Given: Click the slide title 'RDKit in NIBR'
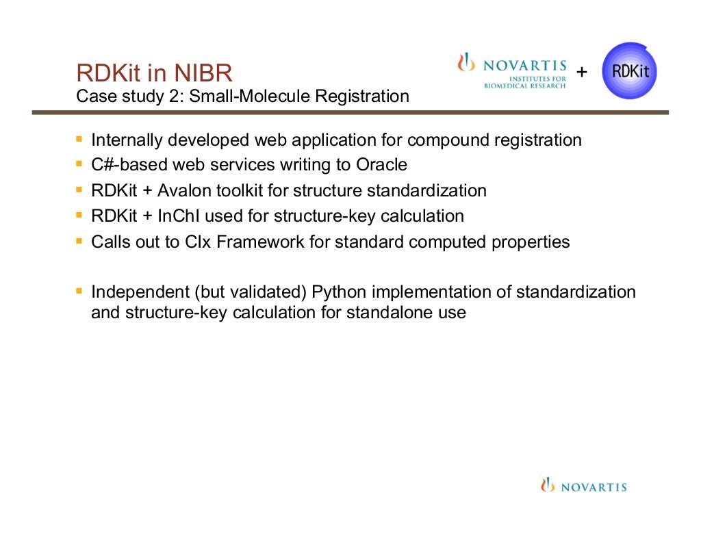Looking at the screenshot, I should pyautogui.click(x=155, y=73).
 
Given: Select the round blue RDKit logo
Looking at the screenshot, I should pyautogui.click(x=629, y=70).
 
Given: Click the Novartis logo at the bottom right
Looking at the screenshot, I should pyautogui.click(x=583, y=487).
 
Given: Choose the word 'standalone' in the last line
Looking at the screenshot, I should pyautogui.click(x=385, y=313).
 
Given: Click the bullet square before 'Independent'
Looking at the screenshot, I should pyautogui.click(x=79, y=291).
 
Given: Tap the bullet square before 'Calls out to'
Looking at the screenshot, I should pyautogui.click(x=79, y=241).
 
